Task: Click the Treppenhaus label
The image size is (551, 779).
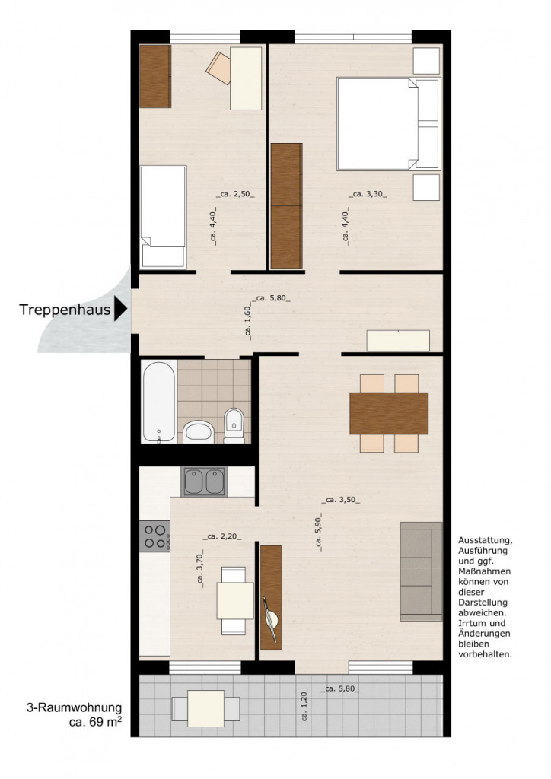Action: (65, 310)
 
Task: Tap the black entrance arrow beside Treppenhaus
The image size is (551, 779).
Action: (120, 309)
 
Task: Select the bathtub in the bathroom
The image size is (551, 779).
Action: (159, 402)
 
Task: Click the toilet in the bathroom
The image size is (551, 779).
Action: (234, 425)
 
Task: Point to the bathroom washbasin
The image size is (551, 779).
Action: (198, 432)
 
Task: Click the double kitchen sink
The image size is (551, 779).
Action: (204, 482)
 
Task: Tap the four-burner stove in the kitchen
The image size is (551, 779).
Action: (154, 536)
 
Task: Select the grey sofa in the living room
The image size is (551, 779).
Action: (422, 571)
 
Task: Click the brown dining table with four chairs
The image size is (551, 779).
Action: (389, 413)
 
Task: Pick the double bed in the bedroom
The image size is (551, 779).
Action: (389, 124)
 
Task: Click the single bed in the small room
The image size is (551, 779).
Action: (163, 218)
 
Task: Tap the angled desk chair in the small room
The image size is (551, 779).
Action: (219, 68)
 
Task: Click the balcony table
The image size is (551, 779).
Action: (205, 708)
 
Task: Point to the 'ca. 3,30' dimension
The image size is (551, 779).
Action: (368, 194)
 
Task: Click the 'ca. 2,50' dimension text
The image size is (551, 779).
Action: (235, 194)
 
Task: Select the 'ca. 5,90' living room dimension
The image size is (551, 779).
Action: (318, 533)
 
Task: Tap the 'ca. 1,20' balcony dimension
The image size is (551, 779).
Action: (304, 705)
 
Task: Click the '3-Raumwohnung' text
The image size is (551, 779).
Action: (74, 708)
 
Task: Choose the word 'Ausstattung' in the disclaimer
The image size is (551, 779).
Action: (485, 541)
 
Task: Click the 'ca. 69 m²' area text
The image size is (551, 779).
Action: (95, 722)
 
